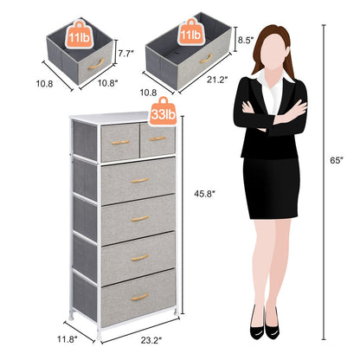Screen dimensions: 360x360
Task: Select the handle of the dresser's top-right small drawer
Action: tap(157, 138)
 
